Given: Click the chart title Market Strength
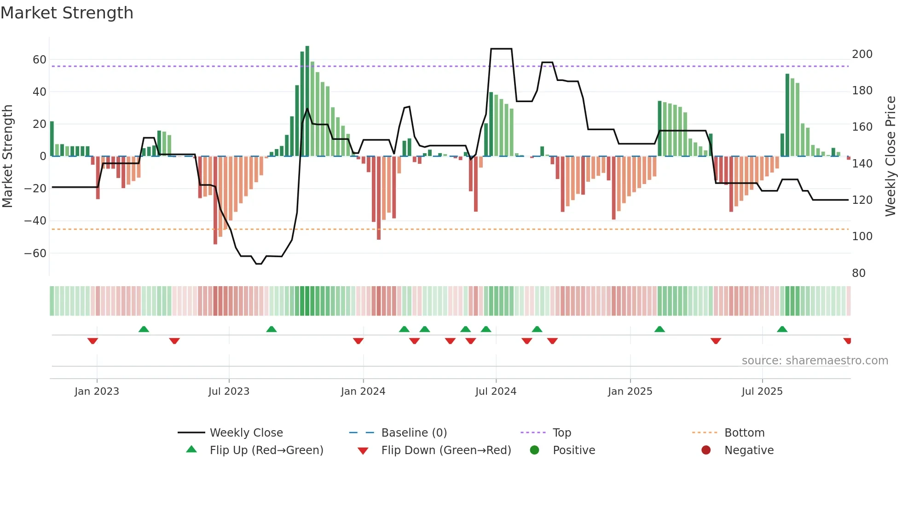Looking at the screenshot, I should click(67, 13).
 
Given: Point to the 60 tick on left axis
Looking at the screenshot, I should click(39, 60).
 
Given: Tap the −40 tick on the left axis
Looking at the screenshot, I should click(35, 221).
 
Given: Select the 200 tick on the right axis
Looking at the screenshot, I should click(862, 54).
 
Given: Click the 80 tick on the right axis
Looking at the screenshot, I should click(858, 273).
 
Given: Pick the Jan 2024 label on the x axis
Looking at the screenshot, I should click(363, 392).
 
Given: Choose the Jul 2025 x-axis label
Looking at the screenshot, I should click(762, 392).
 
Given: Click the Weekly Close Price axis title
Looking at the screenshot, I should click(890, 156).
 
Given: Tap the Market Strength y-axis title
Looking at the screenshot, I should click(7, 156).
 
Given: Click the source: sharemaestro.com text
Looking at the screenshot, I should click(815, 361).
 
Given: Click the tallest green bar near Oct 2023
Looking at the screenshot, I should click(307, 101).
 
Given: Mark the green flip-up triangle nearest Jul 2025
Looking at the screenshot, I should click(782, 329).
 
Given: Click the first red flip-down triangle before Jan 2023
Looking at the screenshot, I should click(93, 341).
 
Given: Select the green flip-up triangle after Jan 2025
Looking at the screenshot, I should click(659, 329).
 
